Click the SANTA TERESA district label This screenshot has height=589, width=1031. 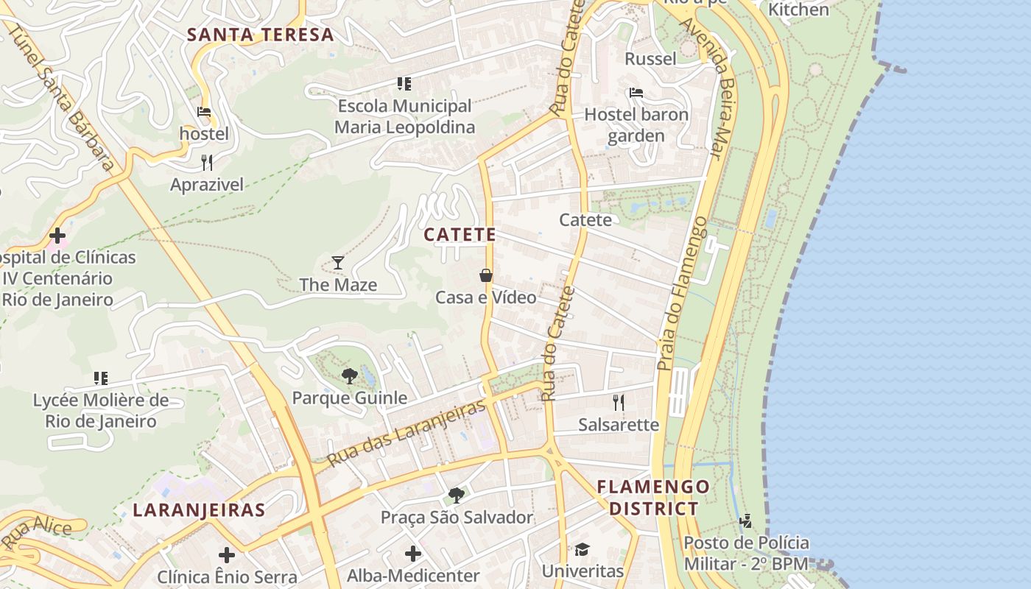point(260,35)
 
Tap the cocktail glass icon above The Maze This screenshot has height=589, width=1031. point(338,262)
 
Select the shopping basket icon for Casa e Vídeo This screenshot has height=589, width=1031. point(486,275)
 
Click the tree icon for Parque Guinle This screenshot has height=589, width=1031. point(349,376)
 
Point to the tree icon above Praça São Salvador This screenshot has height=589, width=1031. point(457,495)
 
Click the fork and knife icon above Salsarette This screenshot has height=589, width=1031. point(619,402)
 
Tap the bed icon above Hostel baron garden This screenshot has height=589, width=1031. point(636,93)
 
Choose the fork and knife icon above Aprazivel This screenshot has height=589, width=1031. point(207,163)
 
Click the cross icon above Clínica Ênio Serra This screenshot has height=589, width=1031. point(227,554)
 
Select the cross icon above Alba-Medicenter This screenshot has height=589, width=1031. point(413,553)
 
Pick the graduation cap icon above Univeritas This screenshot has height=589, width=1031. point(583,549)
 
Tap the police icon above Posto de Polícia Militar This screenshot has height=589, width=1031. point(746,521)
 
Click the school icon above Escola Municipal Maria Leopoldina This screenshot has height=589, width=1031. point(404,84)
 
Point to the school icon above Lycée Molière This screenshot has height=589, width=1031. point(101,378)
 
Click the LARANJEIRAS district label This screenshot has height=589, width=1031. point(199,510)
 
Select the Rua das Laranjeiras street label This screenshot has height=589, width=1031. point(407,434)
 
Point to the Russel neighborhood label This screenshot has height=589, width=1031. point(650,58)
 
